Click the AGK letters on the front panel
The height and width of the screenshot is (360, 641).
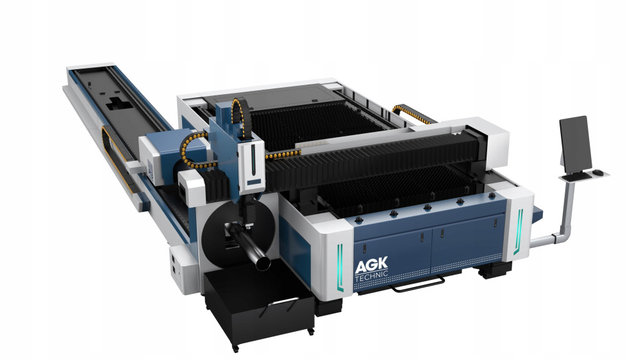(371, 265)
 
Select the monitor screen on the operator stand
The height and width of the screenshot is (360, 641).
(576, 143)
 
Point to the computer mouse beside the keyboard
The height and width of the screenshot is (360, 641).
(597, 172)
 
